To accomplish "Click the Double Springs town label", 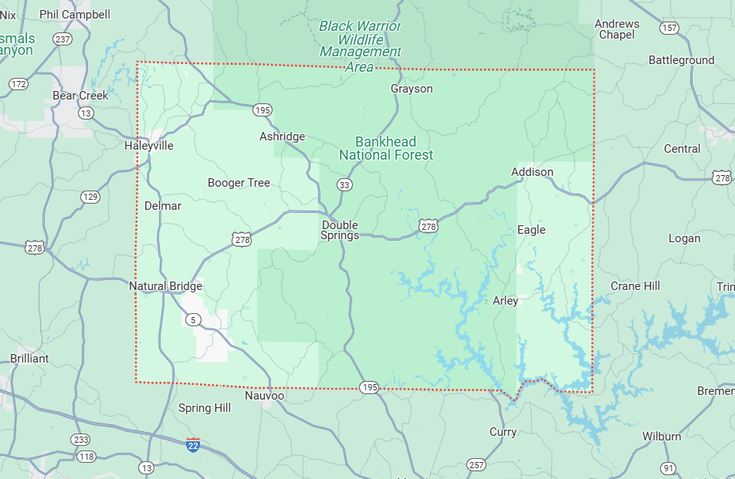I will [340, 230].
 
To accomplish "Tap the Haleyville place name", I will [148, 145].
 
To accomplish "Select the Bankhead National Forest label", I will [386, 148].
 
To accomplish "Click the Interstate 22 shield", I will [193, 444].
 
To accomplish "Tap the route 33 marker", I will [344, 184].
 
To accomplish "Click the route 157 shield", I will [669, 28].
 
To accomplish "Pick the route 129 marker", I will [90, 197].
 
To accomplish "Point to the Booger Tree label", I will [239, 183].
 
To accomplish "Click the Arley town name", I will [505, 301].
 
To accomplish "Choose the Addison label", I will [532, 171].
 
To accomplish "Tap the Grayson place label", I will [412, 89].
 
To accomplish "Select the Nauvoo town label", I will [264, 396].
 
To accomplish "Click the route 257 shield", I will [476, 464].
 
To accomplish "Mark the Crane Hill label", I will [635, 286].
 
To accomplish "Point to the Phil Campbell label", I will [75, 14].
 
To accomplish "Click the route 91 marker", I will [669, 467].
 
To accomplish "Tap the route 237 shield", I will [63, 39].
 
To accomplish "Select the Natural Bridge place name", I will [165, 286].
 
